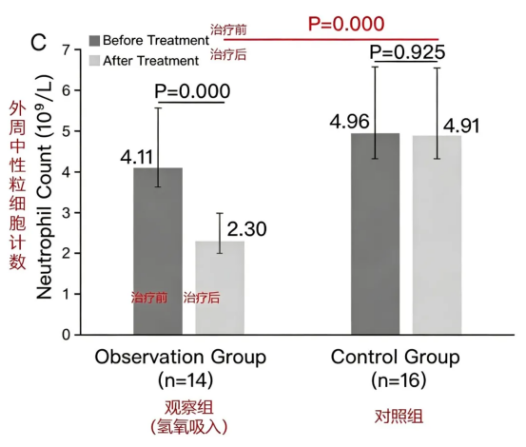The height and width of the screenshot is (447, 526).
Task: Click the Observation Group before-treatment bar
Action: click(158, 251)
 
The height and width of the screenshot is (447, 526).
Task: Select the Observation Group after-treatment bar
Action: click(220, 288)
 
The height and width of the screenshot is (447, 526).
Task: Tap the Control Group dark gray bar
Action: click(376, 234)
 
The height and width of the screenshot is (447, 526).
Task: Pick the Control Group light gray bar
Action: click(437, 235)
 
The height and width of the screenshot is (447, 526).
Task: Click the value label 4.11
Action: click(137, 157)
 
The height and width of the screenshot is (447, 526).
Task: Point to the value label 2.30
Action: click(247, 229)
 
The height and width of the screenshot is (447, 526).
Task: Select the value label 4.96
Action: click(349, 122)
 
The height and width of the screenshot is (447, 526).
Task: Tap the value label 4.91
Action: click(461, 126)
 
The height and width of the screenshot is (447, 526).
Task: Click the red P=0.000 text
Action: click(346, 24)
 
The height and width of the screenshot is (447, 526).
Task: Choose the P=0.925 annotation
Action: click(407, 52)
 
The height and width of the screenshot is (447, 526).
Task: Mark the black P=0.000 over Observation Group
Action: click(192, 91)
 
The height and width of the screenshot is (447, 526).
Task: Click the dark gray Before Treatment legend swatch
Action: click(94, 41)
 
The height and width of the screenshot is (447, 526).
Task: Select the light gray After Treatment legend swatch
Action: click(94, 61)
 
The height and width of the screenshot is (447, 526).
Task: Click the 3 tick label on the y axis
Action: click(66, 213)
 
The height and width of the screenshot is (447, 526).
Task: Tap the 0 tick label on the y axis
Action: click(66, 335)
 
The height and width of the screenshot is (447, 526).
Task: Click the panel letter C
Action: click(38, 42)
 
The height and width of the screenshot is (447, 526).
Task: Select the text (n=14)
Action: click(185, 379)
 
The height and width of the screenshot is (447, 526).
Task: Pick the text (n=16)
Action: click(399, 379)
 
